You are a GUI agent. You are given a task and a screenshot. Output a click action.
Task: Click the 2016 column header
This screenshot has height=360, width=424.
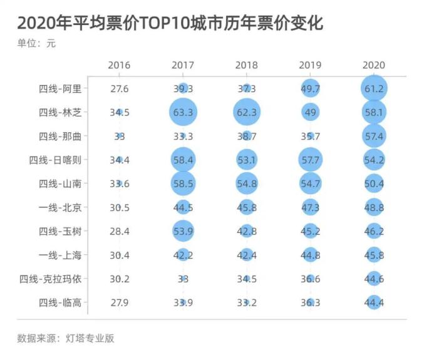pos(119,65)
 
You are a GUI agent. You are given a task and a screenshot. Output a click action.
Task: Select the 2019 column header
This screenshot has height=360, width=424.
pos(310,65)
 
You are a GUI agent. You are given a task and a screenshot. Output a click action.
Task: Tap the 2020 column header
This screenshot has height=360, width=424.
pos(374,65)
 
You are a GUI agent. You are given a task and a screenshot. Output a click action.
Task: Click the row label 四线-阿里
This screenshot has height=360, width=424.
pos(60,89)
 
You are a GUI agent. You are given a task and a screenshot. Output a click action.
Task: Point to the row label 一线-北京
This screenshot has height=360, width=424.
pos(60,207)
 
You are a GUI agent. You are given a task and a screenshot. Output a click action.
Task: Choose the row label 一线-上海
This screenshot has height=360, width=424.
pos(60,255)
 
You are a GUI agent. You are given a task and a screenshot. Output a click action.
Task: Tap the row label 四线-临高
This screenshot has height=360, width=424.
pos(60,302)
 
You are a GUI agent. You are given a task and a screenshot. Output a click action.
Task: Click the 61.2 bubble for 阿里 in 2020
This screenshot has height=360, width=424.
pos(374,89)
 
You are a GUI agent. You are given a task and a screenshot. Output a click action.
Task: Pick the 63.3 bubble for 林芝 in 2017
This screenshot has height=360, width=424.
pos(183,113)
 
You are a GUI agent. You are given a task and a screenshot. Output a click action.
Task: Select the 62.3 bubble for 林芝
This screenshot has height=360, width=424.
pos(247,113)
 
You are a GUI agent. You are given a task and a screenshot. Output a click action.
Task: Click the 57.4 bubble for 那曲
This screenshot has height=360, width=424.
pos(374,136)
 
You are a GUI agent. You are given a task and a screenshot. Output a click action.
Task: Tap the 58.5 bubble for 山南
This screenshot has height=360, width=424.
pos(183,183)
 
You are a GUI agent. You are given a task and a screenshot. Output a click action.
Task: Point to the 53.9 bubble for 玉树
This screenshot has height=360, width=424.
pos(183,231)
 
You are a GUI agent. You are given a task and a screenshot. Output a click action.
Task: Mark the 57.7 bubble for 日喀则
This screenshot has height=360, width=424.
pos(310,160)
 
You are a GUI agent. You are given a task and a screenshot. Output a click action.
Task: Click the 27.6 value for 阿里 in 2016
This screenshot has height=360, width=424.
pos(119,89)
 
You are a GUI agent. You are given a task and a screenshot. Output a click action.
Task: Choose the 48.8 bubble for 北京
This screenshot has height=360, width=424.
pos(374,207)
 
